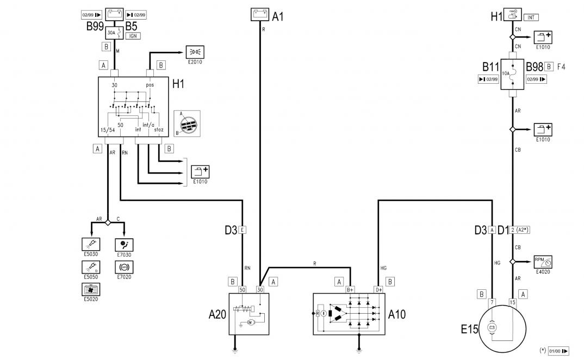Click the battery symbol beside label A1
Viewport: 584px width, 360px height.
point(260,14)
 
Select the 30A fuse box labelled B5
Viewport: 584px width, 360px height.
point(115,32)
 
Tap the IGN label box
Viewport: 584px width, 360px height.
point(133,36)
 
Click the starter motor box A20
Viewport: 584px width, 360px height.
point(248,314)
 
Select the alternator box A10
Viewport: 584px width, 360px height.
point(349,314)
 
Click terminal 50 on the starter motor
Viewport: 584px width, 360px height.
point(243,290)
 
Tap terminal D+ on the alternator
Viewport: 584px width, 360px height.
point(378,290)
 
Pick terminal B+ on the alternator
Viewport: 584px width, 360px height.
point(351,290)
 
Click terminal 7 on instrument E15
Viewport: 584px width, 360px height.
point(492,301)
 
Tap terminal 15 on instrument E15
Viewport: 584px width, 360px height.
point(512,301)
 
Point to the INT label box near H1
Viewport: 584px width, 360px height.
point(531,17)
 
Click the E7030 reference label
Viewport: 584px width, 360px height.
point(124,254)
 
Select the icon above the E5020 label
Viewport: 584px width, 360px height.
point(89,289)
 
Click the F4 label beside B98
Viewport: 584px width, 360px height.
point(562,67)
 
